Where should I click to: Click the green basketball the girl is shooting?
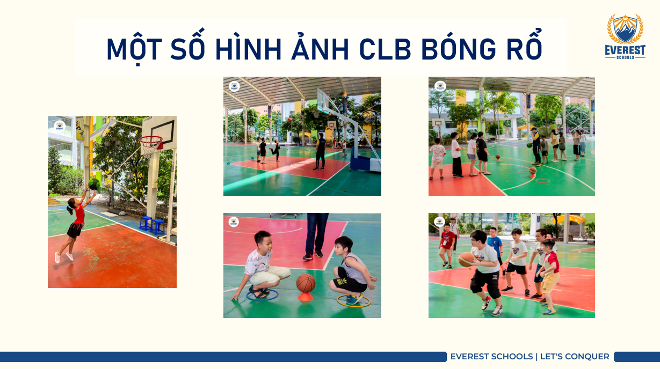[x=94, y=184]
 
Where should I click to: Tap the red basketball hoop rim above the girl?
[x=151, y=140]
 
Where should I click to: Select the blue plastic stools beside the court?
[x=152, y=225]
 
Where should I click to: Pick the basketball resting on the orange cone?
[x=306, y=283]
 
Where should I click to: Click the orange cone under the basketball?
[x=305, y=296]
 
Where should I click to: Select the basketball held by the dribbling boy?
[x=466, y=260]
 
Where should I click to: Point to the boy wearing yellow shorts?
[x=549, y=275]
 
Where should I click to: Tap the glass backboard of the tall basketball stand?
[x=322, y=101]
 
